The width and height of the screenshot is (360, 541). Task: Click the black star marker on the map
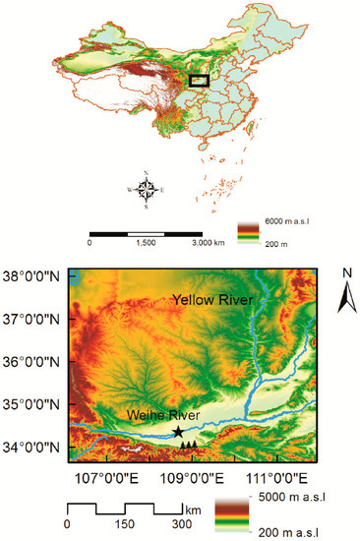click(177, 432)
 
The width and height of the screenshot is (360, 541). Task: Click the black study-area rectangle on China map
click(200, 81)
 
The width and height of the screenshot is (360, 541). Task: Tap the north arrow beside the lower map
click(345, 292)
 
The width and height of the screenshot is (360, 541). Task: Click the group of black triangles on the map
click(188, 446)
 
